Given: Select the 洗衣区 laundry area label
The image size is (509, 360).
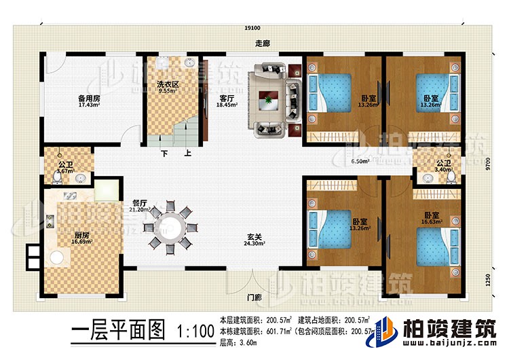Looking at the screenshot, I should point(168,86).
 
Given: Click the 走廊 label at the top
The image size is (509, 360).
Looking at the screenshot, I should point(254,42).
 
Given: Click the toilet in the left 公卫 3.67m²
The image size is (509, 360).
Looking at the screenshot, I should point(56,179).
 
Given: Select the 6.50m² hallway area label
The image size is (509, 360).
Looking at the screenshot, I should point(360,162).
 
